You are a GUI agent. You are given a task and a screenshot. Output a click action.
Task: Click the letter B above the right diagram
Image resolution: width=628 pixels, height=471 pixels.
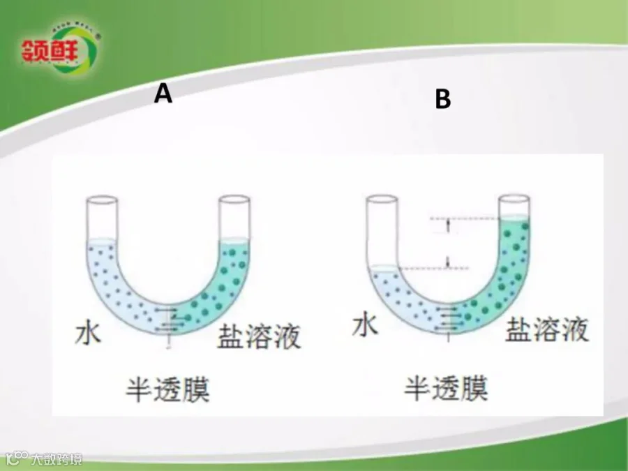click(x=443, y=100)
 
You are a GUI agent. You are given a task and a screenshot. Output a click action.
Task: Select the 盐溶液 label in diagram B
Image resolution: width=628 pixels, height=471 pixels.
click(x=547, y=327)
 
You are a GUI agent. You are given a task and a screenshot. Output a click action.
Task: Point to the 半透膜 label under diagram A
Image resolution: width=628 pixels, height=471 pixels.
click(x=167, y=389)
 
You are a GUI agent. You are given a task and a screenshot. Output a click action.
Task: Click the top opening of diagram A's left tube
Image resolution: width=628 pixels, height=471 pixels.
click(x=101, y=201)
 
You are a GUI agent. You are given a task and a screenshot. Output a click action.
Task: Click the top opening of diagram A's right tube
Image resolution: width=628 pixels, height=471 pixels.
click(x=234, y=201)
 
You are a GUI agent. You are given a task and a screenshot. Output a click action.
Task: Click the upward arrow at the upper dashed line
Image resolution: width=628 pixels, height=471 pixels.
click(x=447, y=225)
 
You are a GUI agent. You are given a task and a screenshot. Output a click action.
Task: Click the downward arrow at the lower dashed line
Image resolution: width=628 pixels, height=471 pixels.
click(x=447, y=261)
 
